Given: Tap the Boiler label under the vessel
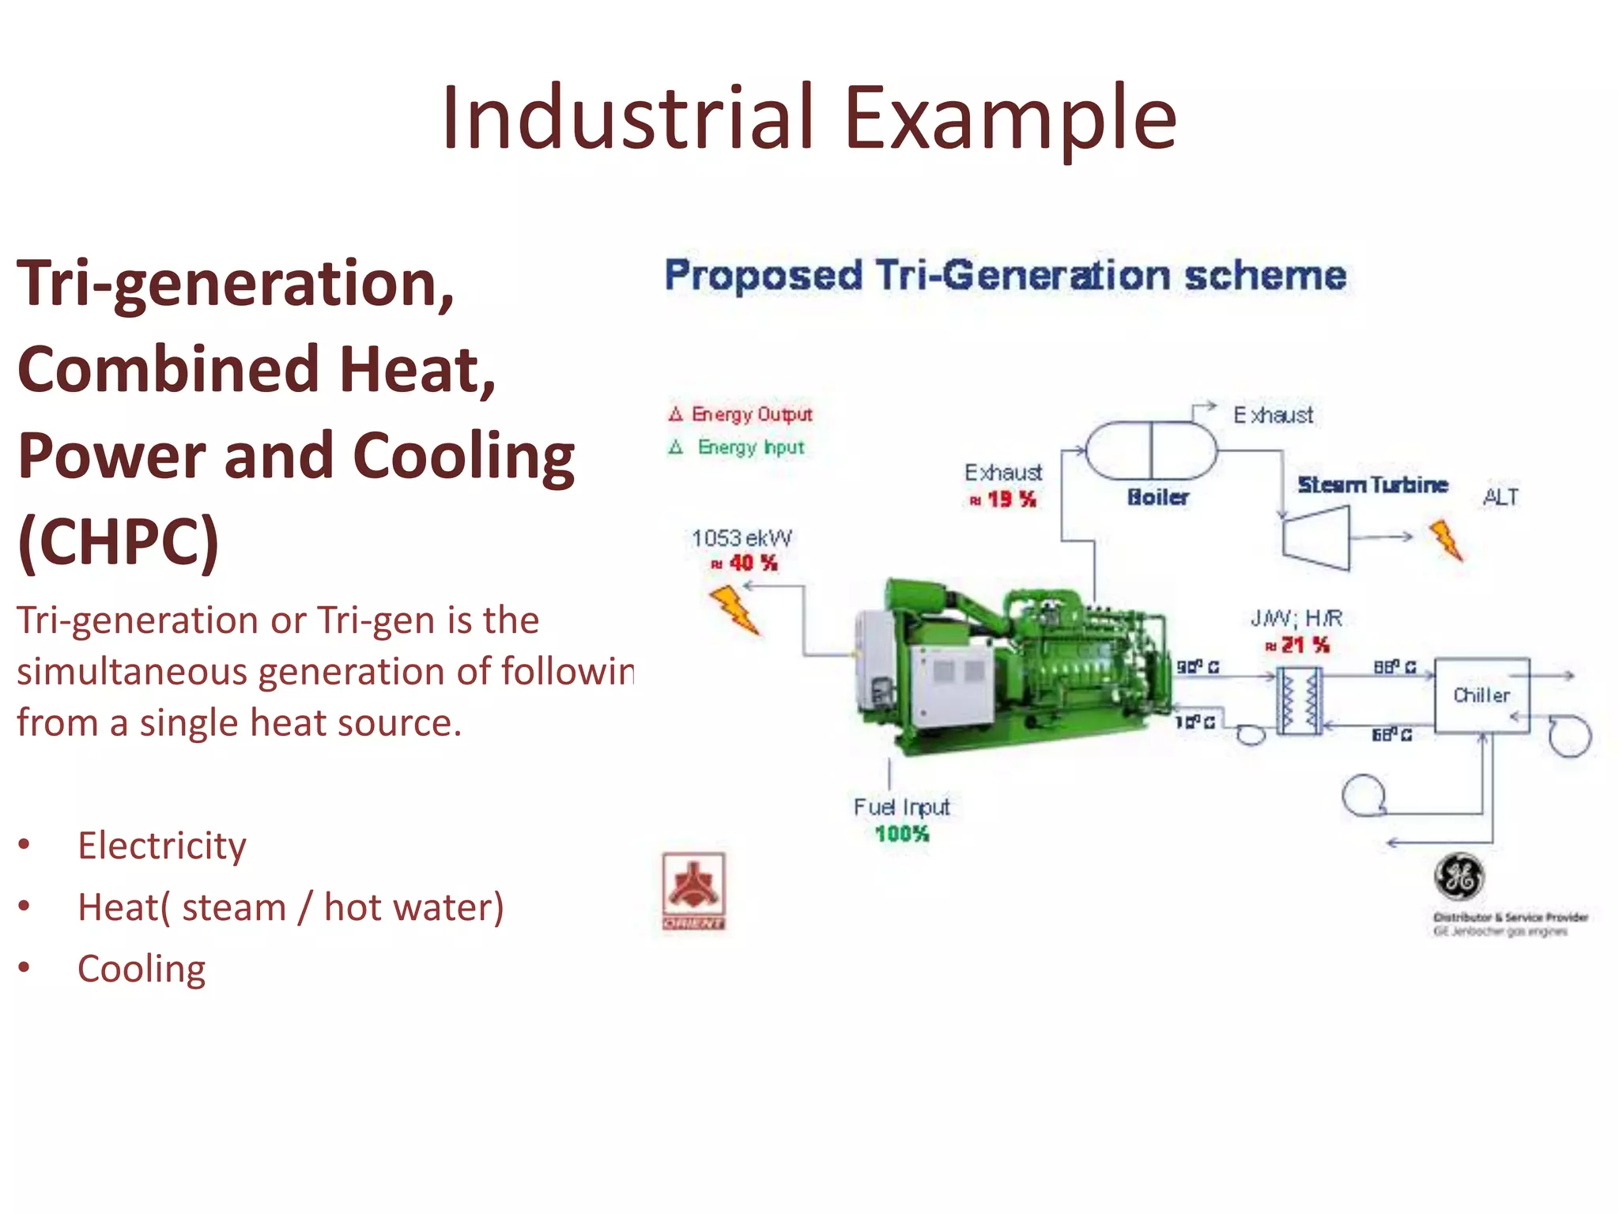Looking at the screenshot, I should click(1158, 497).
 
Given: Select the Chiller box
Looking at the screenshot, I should click(1482, 696).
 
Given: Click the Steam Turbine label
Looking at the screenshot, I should click(1372, 484).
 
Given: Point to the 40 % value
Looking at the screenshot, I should click(752, 564).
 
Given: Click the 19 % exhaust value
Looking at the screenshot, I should click(1010, 500).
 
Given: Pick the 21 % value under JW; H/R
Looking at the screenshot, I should click(1304, 646).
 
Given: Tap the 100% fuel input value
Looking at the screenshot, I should click(902, 834).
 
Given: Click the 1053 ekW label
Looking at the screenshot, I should click(742, 538).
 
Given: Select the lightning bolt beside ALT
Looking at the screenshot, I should click(1447, 541).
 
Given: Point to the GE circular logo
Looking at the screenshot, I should click(1459, 877).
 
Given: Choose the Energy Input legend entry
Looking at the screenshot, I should click(750, 447).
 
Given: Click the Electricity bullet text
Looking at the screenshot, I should click(162, 846).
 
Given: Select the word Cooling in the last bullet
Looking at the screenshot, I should click(142, 969).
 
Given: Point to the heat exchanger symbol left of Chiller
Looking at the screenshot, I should click(1300, 701).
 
